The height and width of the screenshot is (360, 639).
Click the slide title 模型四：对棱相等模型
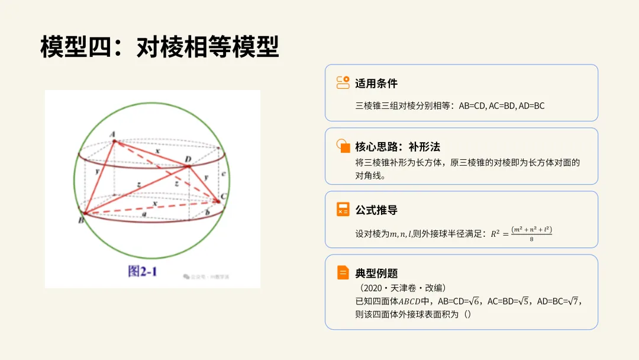coord(160,47)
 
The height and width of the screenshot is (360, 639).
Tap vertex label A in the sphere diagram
coord(112,135)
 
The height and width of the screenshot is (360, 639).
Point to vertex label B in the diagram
coord(80,220)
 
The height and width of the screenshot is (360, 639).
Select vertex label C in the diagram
coord(223,196)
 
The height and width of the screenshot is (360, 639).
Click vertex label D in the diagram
coord(188,160)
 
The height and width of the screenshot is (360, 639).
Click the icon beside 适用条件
coord(343,83)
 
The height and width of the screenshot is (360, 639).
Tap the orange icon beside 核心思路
coord(343,146)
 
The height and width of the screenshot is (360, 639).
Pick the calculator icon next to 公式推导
coord(343,210)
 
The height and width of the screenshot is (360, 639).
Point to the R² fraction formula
coord(521,233)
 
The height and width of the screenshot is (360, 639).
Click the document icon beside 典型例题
coord(343,272)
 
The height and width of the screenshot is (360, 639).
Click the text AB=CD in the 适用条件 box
coord(472,106)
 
